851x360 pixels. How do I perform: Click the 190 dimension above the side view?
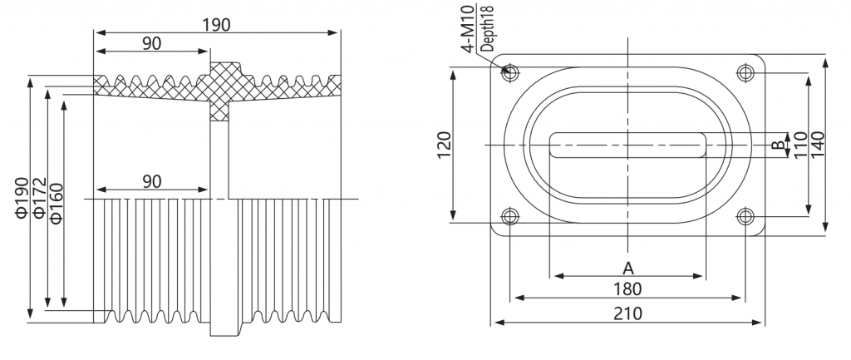point(217,25)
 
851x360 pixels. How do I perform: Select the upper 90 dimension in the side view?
point(152,43)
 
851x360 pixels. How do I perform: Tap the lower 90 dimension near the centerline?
point(152,181)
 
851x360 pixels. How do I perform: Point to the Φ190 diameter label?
point(22,198)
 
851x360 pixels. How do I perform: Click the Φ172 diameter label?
point(39,198)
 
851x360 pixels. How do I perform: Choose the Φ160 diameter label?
point(56,203)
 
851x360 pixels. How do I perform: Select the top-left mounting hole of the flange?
point(510,72)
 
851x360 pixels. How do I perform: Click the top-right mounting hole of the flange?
point(745,72)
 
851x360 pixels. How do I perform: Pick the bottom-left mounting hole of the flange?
point(510,217)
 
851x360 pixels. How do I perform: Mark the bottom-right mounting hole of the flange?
point(745,217)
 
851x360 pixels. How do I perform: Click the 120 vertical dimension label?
point(444,145)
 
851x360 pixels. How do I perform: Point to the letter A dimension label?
point(628,268)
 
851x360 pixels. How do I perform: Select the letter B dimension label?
point(777,145)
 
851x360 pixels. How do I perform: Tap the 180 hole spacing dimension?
point(628,288)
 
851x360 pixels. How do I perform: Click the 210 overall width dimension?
point(628,313)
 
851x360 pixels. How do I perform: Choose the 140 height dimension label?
point(818,145)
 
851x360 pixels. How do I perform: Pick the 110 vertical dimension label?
point(800,145)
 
